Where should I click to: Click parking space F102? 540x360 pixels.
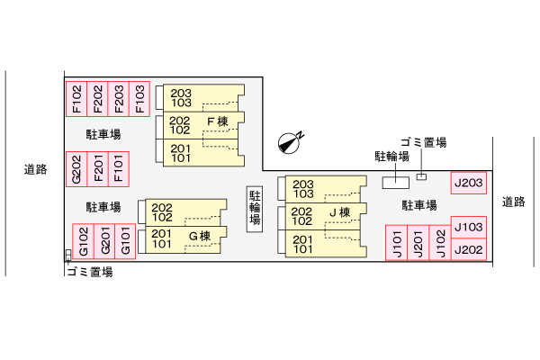76,99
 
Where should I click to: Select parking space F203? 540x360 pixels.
118,99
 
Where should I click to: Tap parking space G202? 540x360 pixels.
76,167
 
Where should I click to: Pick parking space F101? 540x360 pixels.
118,167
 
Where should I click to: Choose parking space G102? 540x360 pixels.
83,241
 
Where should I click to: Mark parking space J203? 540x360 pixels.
469,184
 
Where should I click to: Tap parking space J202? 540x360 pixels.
469,249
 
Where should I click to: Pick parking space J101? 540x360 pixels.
396,244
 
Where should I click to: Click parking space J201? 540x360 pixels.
418,244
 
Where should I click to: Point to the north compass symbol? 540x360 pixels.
290,140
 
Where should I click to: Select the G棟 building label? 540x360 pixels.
199,237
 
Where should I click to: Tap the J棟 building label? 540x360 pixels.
339,212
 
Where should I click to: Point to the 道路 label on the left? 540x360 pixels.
35,168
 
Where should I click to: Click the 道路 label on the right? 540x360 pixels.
513,202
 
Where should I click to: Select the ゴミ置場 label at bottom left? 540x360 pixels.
89,271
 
